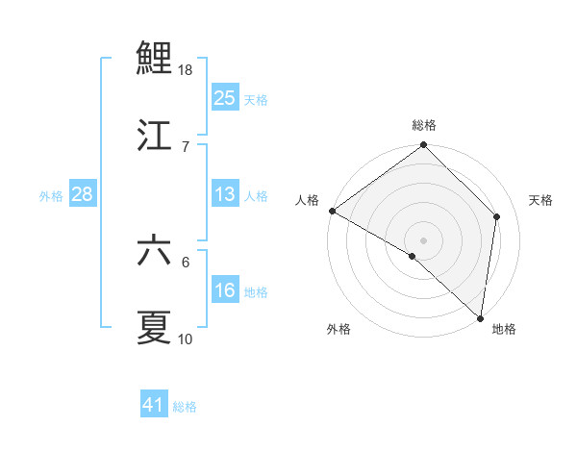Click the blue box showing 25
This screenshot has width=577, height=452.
[x=224, y=97]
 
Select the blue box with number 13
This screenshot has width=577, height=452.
[x=224, y=194]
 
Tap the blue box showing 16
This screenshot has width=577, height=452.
[x=224, y=290]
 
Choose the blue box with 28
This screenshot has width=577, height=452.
[x=82, y=194]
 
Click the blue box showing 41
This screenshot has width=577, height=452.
[x=154, y=405]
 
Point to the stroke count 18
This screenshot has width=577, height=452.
[x=187, y=70]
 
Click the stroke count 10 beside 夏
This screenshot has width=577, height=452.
[x=186, y=339]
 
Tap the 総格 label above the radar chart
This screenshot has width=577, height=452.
[x=424, y=125]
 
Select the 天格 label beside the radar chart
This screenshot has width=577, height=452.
[x=541, y=200]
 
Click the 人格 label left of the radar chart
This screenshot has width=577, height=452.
[x=307, y=200]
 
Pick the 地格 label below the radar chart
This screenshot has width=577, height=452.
[x=504, y=330]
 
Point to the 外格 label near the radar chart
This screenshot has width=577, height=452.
[x=339, y=330]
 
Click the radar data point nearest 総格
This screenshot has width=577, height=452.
[x=424, y=146]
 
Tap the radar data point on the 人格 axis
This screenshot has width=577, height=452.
[x=332, y=211]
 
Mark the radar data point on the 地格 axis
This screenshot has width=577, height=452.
[x=480, y=317]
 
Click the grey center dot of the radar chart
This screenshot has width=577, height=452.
[x=424, y=239]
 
